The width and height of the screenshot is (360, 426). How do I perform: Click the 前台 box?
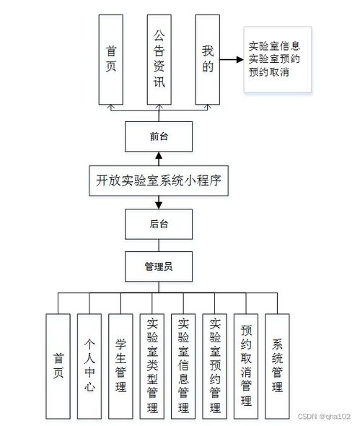159,136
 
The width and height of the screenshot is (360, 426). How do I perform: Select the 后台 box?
159,223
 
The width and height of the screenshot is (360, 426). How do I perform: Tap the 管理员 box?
159,266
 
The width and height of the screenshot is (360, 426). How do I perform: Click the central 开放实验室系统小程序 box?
159,180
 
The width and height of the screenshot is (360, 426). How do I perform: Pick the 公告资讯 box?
159,58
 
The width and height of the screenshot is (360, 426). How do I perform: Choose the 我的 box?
208,58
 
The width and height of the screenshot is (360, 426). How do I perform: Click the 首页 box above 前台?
111,58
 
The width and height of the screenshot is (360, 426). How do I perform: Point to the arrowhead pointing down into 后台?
159,205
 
